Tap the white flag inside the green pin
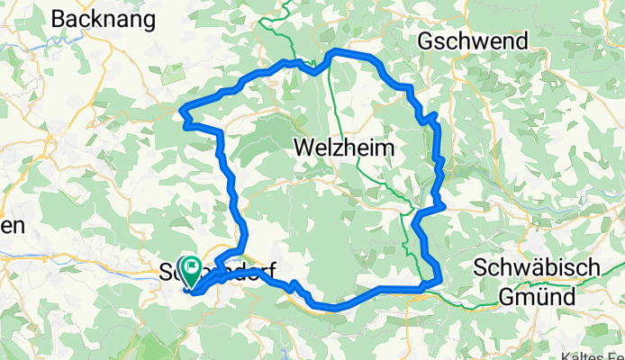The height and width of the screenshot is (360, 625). [x=192, y=266]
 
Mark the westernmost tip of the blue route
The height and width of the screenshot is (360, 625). [x=183, y=111]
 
